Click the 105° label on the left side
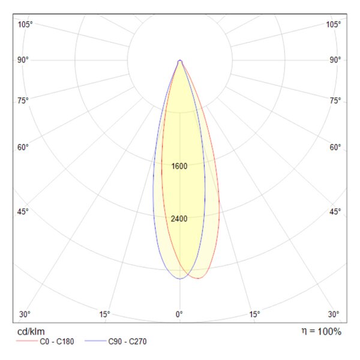(x=25, y=25)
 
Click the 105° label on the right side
(x=334, y=25)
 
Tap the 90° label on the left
(x=23, y=60)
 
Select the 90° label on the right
(x=335, y=60)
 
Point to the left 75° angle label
(x=23, y=101)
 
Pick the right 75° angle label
(x=335, y=101)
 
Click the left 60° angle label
(x=23, y=147)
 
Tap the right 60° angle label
(x=335, y=147)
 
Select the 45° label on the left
(x=23, y=211)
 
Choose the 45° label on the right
(x=335, y=211)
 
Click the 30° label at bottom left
(x=25, y=314)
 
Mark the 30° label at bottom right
(x=334, y=314)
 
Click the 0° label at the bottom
(x=179, y=314)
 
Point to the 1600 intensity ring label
(x=179, y=166)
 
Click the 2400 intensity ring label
(x=179, y=219)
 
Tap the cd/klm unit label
(x=31, y=332)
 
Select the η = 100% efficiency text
(x=322, y=332)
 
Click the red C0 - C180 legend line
(x=27, y=341)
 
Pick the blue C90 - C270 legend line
(x=95, y=341)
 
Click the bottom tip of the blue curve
(x=180, y=279)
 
